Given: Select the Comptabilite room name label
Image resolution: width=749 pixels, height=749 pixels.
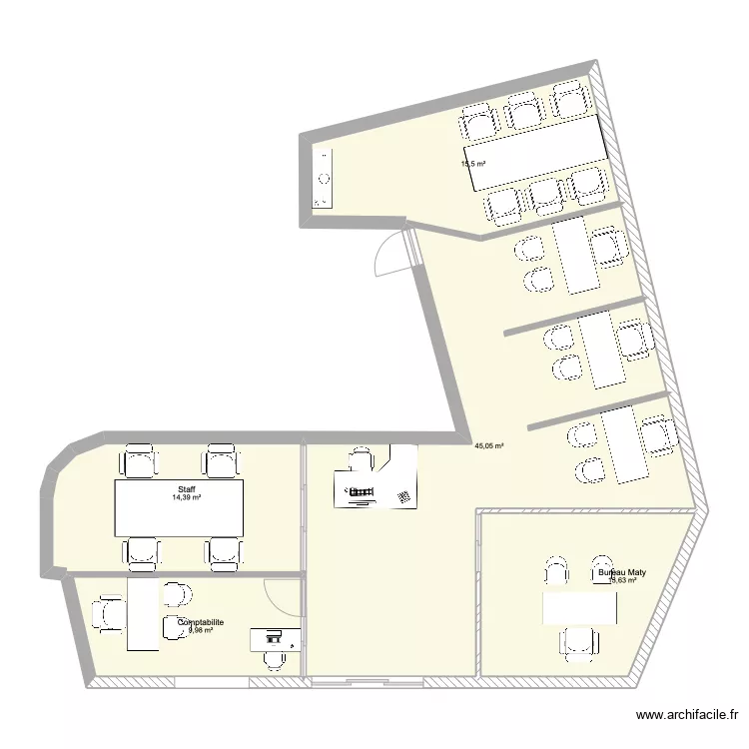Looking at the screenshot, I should click(x=201, y=621).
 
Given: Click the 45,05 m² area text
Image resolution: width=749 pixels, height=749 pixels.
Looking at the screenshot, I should click(x=489, y=446).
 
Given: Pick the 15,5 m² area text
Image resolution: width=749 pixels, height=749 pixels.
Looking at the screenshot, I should click(x=472, y=164).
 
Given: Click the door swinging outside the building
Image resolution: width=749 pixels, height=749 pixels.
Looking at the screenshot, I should click(x=390, y=255).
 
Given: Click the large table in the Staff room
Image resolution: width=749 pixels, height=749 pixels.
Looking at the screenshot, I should click(x=180, y=507).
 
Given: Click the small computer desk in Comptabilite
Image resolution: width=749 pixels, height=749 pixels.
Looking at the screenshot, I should click(x=274, y=638).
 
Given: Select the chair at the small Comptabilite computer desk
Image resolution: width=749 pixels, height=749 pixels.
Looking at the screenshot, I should click(x=274, y=658).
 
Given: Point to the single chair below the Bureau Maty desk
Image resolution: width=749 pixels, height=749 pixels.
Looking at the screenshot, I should click(x=578, y=644).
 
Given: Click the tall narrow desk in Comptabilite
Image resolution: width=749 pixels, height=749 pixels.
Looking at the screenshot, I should click(x=144, y=616).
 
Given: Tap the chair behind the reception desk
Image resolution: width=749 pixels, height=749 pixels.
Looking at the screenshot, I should click(x=359, y=459).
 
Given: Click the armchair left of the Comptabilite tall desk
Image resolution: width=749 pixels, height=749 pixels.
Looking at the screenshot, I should click(x=108, y=614).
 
